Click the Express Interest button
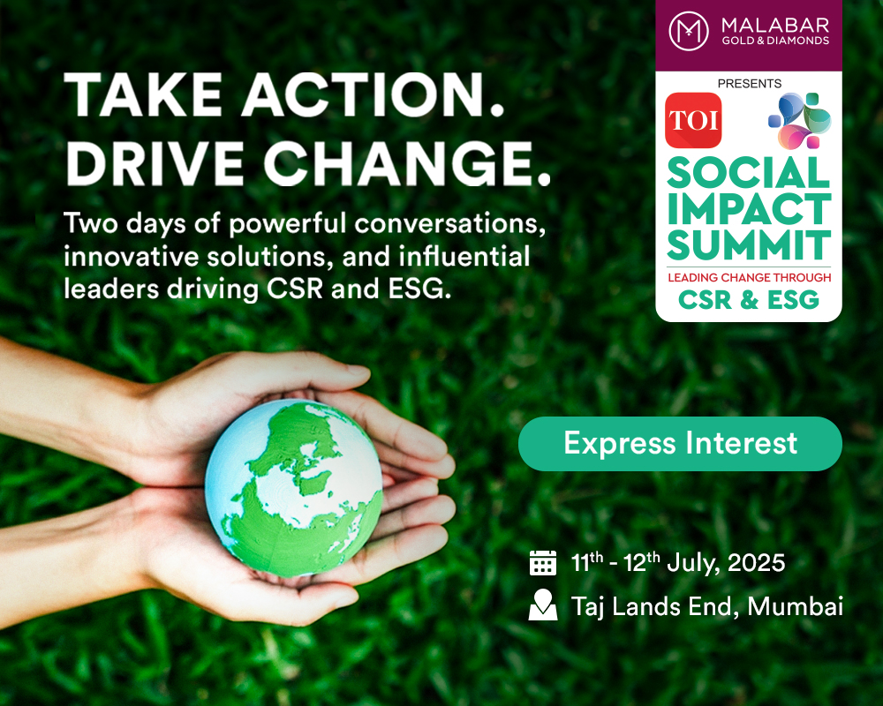tap(680, 444)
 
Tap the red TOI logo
tap(693, 121)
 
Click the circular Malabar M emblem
tap(688, 32)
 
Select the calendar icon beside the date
tap(543, 563)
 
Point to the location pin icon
tap(543, 605)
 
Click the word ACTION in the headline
tap(373, 94)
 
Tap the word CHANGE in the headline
tap(406, 163)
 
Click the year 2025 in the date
tap(757, 563)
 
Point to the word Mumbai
tap(796, 606)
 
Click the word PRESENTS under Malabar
tap(750, 83)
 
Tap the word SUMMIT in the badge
tap(749, 245)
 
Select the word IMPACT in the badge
tap(749, 209)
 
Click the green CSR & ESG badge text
tap(749, 299)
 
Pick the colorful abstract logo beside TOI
tap(800, 121)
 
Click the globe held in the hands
tap(293, 488)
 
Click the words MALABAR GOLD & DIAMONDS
tap(775, 32)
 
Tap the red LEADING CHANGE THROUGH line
tap(750, 278)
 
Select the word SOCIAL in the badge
tap(749, 173)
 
